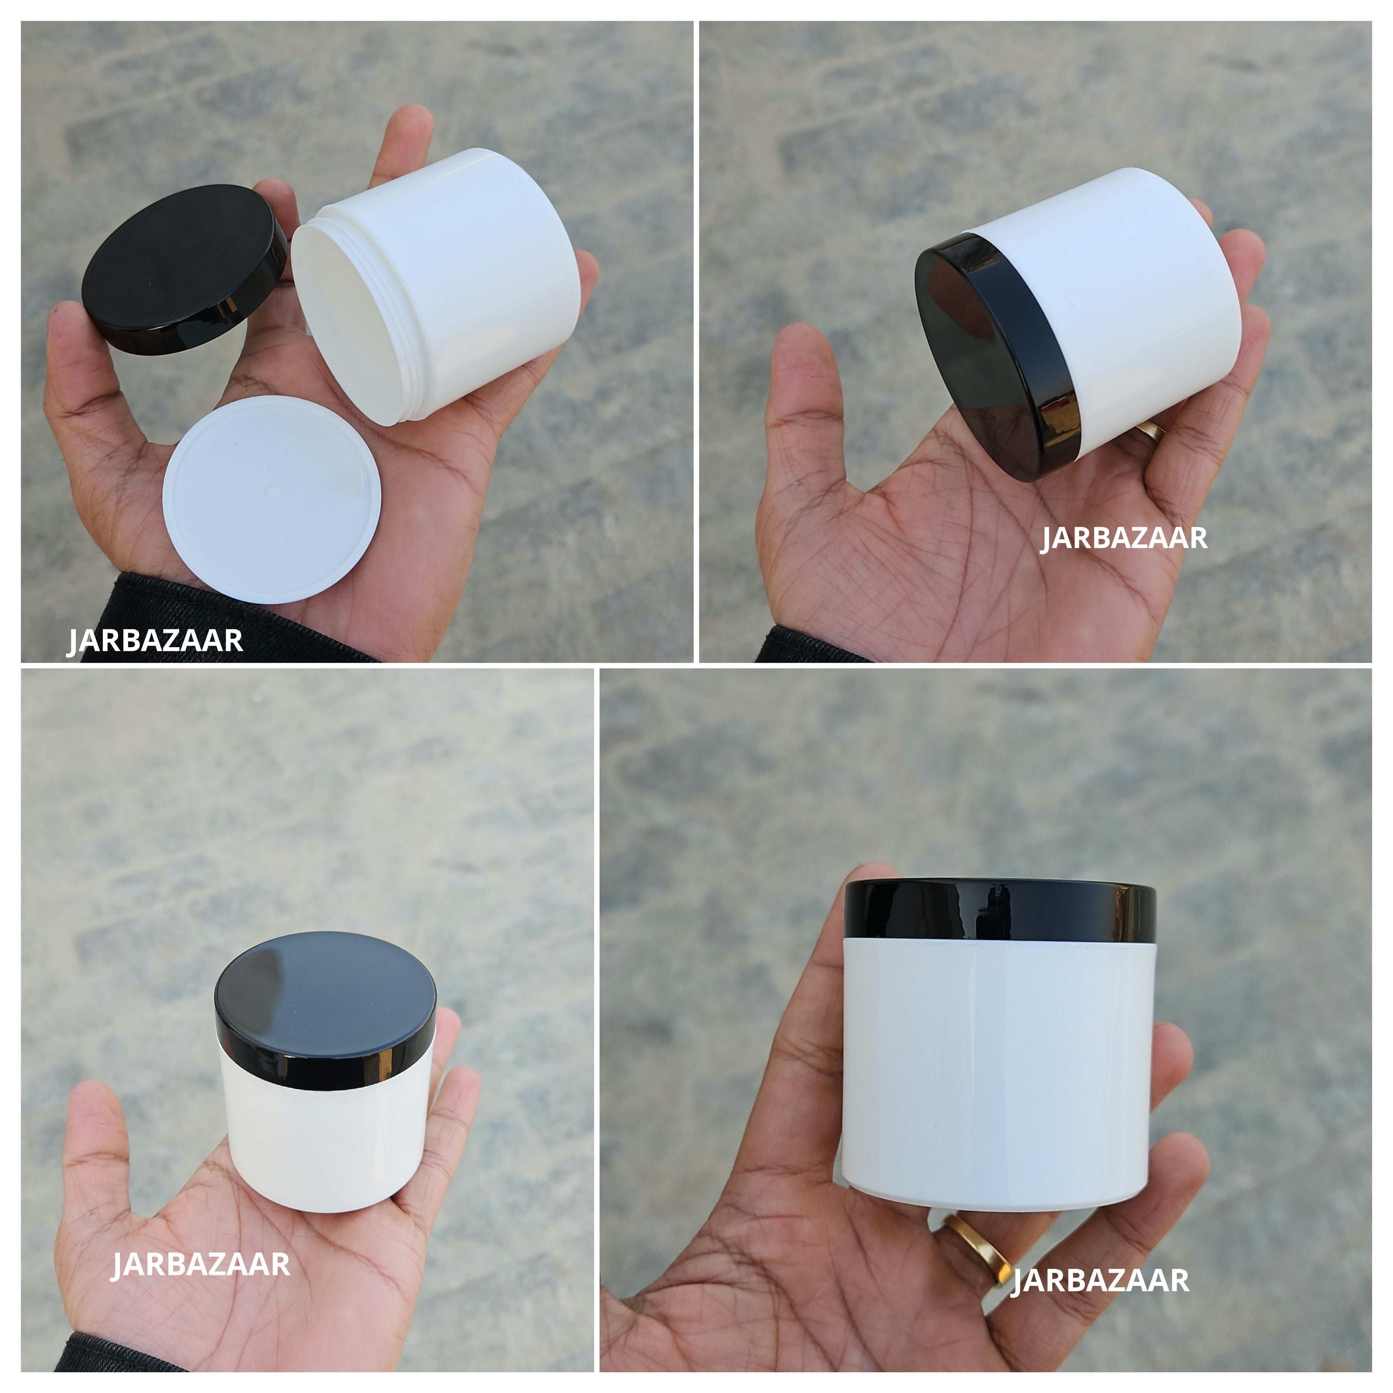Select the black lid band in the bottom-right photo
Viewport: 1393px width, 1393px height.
click(998, 912)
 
